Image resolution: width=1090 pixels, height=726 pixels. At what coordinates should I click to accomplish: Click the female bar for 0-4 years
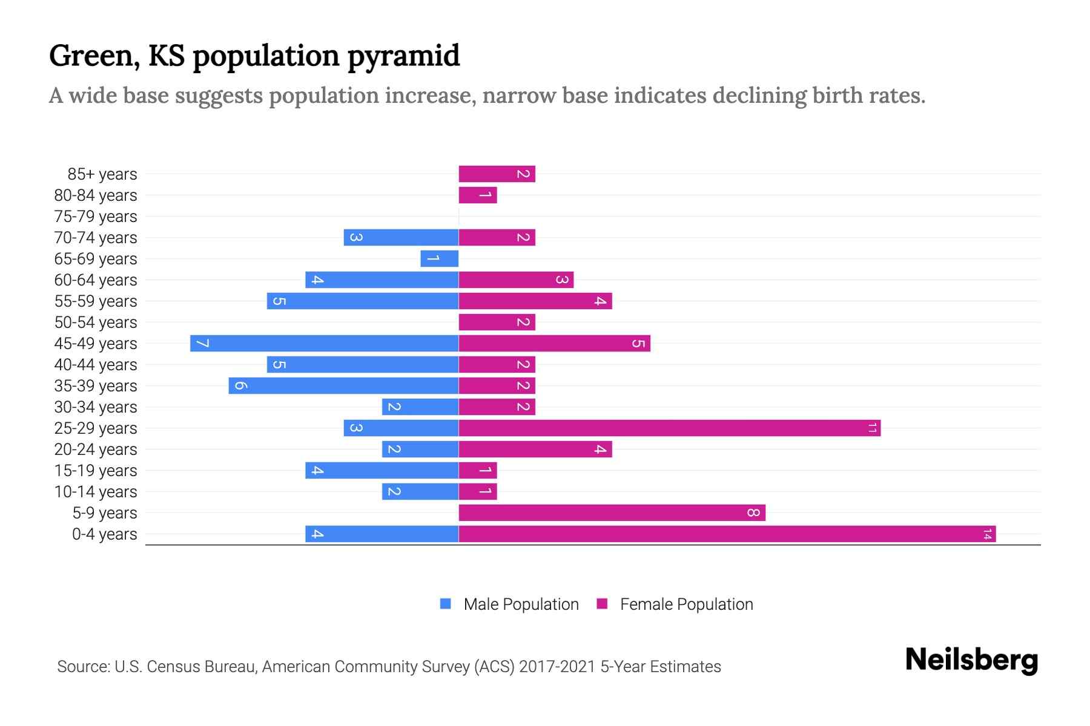click(727, 534)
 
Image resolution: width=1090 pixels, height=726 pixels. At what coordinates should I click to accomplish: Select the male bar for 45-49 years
click(324, 344)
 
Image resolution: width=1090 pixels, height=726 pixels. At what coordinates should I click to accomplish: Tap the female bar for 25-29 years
click(669, 428)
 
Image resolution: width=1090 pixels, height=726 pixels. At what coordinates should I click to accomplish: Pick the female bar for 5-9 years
click(612, 513)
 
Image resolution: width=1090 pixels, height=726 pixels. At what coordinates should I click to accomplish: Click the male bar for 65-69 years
click(440, 259)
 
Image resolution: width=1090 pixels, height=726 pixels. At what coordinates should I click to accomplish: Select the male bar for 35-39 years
click(343, 386)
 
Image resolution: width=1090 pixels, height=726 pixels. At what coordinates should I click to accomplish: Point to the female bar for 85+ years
click(497, 174)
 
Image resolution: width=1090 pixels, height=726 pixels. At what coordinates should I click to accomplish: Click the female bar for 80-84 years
click(478, 195)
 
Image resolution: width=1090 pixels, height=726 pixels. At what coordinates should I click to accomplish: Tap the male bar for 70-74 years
click(401, 238)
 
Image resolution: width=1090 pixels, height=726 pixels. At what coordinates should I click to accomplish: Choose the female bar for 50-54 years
click(497, 322)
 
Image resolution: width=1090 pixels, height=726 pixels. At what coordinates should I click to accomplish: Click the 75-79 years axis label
click(96, 217)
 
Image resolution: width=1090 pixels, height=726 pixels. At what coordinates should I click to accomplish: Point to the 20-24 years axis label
click(96, 450)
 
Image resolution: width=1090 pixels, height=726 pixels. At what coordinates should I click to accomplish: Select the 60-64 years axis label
click(96, 280)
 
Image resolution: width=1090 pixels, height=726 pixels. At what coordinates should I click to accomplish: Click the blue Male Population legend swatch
click(446, 604)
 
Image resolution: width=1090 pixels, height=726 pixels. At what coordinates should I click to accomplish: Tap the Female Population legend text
click(686, 604)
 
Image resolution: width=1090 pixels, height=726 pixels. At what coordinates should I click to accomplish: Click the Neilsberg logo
click(971, 660)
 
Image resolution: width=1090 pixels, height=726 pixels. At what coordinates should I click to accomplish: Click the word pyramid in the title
click(403, 56)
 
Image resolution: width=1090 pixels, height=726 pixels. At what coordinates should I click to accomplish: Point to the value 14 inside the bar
click(987, 534)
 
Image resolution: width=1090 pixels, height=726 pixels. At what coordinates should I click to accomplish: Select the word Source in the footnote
click(83, 667)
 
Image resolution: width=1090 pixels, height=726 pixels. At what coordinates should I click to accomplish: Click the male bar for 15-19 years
click(381, 471)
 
